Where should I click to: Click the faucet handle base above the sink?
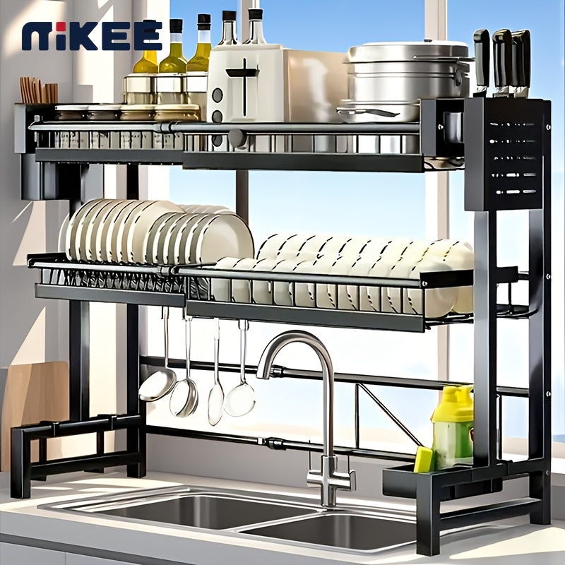[x=330, y=475]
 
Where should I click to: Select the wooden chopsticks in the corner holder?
[x=39, y=90]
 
